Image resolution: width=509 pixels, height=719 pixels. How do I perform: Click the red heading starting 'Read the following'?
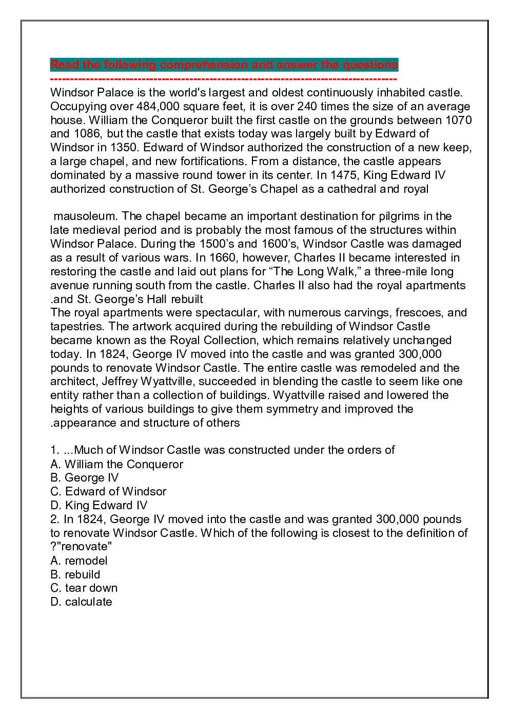[x=224, y=65]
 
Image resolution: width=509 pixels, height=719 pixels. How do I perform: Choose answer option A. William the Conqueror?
[x=116, y=464]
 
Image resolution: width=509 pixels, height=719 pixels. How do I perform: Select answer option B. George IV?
[x=85, y=478]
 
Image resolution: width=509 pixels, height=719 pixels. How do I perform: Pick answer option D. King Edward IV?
[x=99, y=506]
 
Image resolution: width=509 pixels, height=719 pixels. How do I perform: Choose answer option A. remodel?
[x=79, y=561]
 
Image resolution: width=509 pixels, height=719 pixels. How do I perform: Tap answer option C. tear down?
[x=84, y=588]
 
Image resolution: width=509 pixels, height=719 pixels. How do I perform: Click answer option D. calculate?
[x=81, y=602]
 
